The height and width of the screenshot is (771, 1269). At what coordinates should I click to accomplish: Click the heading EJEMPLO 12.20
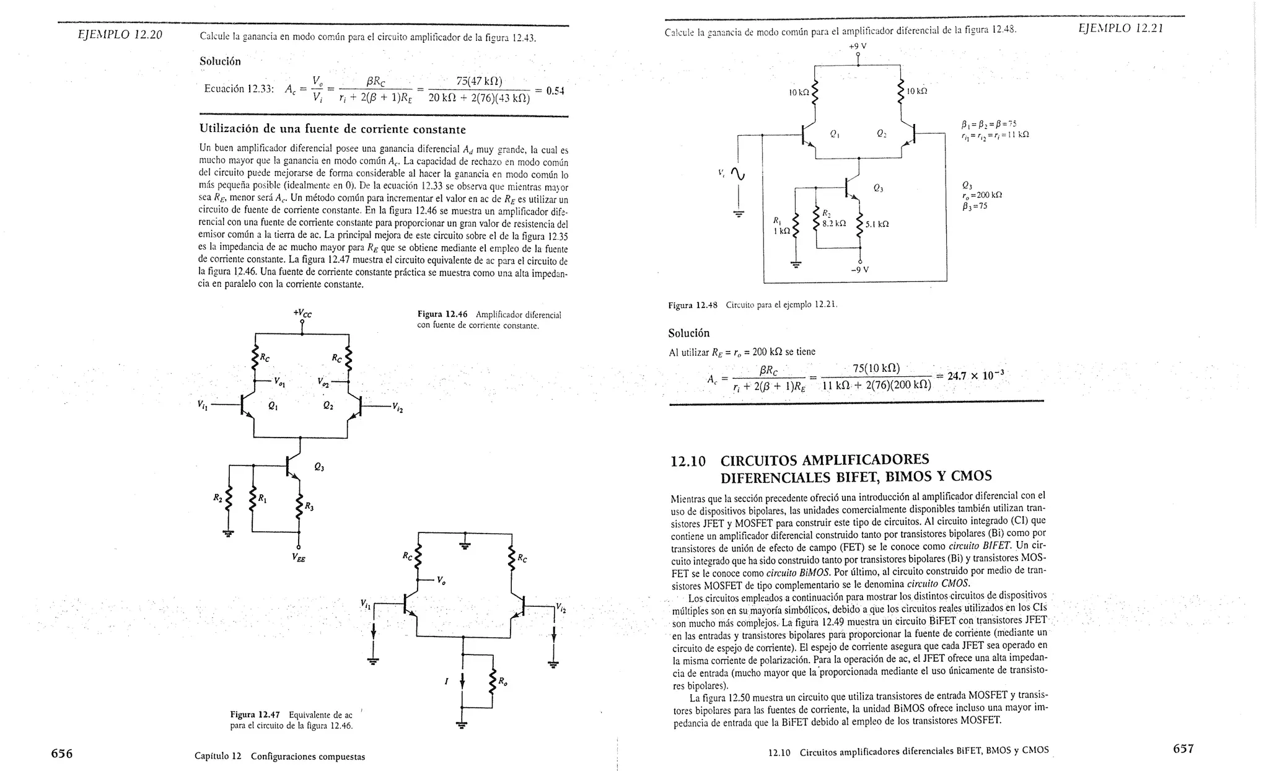tap(120, 35)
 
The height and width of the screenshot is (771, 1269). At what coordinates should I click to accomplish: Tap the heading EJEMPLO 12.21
tap(1120, 29)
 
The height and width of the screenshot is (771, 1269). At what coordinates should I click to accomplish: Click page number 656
tap(62, 754)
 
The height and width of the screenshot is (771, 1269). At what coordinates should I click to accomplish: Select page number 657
tap(1183, 749)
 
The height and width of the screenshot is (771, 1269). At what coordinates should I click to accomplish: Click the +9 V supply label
tap(858, 46)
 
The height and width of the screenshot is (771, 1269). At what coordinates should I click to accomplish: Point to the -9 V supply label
tap(860, 270)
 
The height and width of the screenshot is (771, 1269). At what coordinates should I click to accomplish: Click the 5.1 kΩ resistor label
tap(877, 224)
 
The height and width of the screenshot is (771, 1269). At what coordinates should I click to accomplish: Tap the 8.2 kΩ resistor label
tap(834, 223)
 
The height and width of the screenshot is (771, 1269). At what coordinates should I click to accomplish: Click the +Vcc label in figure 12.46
tap(302, 314)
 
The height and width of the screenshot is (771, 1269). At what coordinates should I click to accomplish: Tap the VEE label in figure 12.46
tap(298, 557)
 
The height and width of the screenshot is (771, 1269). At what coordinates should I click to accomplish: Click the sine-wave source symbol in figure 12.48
tap(738, 176)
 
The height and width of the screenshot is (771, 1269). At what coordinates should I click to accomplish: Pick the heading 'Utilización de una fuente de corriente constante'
tap(332, 130)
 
